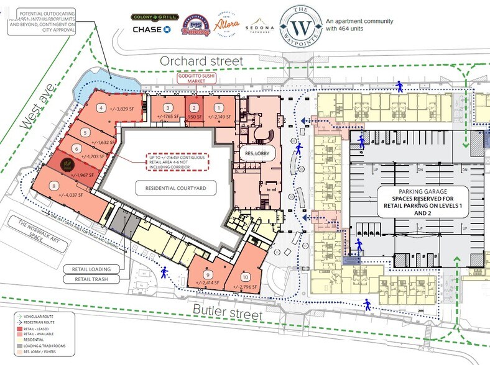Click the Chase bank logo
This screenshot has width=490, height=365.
(151, 30)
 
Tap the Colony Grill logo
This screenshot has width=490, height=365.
(151, 17)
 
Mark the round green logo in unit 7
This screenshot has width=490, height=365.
(67, 164)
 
